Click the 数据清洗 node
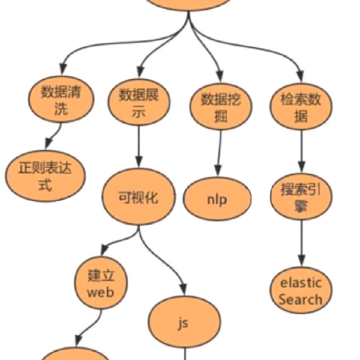click(61, 100)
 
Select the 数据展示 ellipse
click(139, 102)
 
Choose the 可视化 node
click(139, 197)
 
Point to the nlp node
click(217, 199)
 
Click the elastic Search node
click(301, 291)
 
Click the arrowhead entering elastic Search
click(301, 260)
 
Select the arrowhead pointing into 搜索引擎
click(301, 166)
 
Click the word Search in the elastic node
click(301, 300)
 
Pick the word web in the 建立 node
click(100, 292)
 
